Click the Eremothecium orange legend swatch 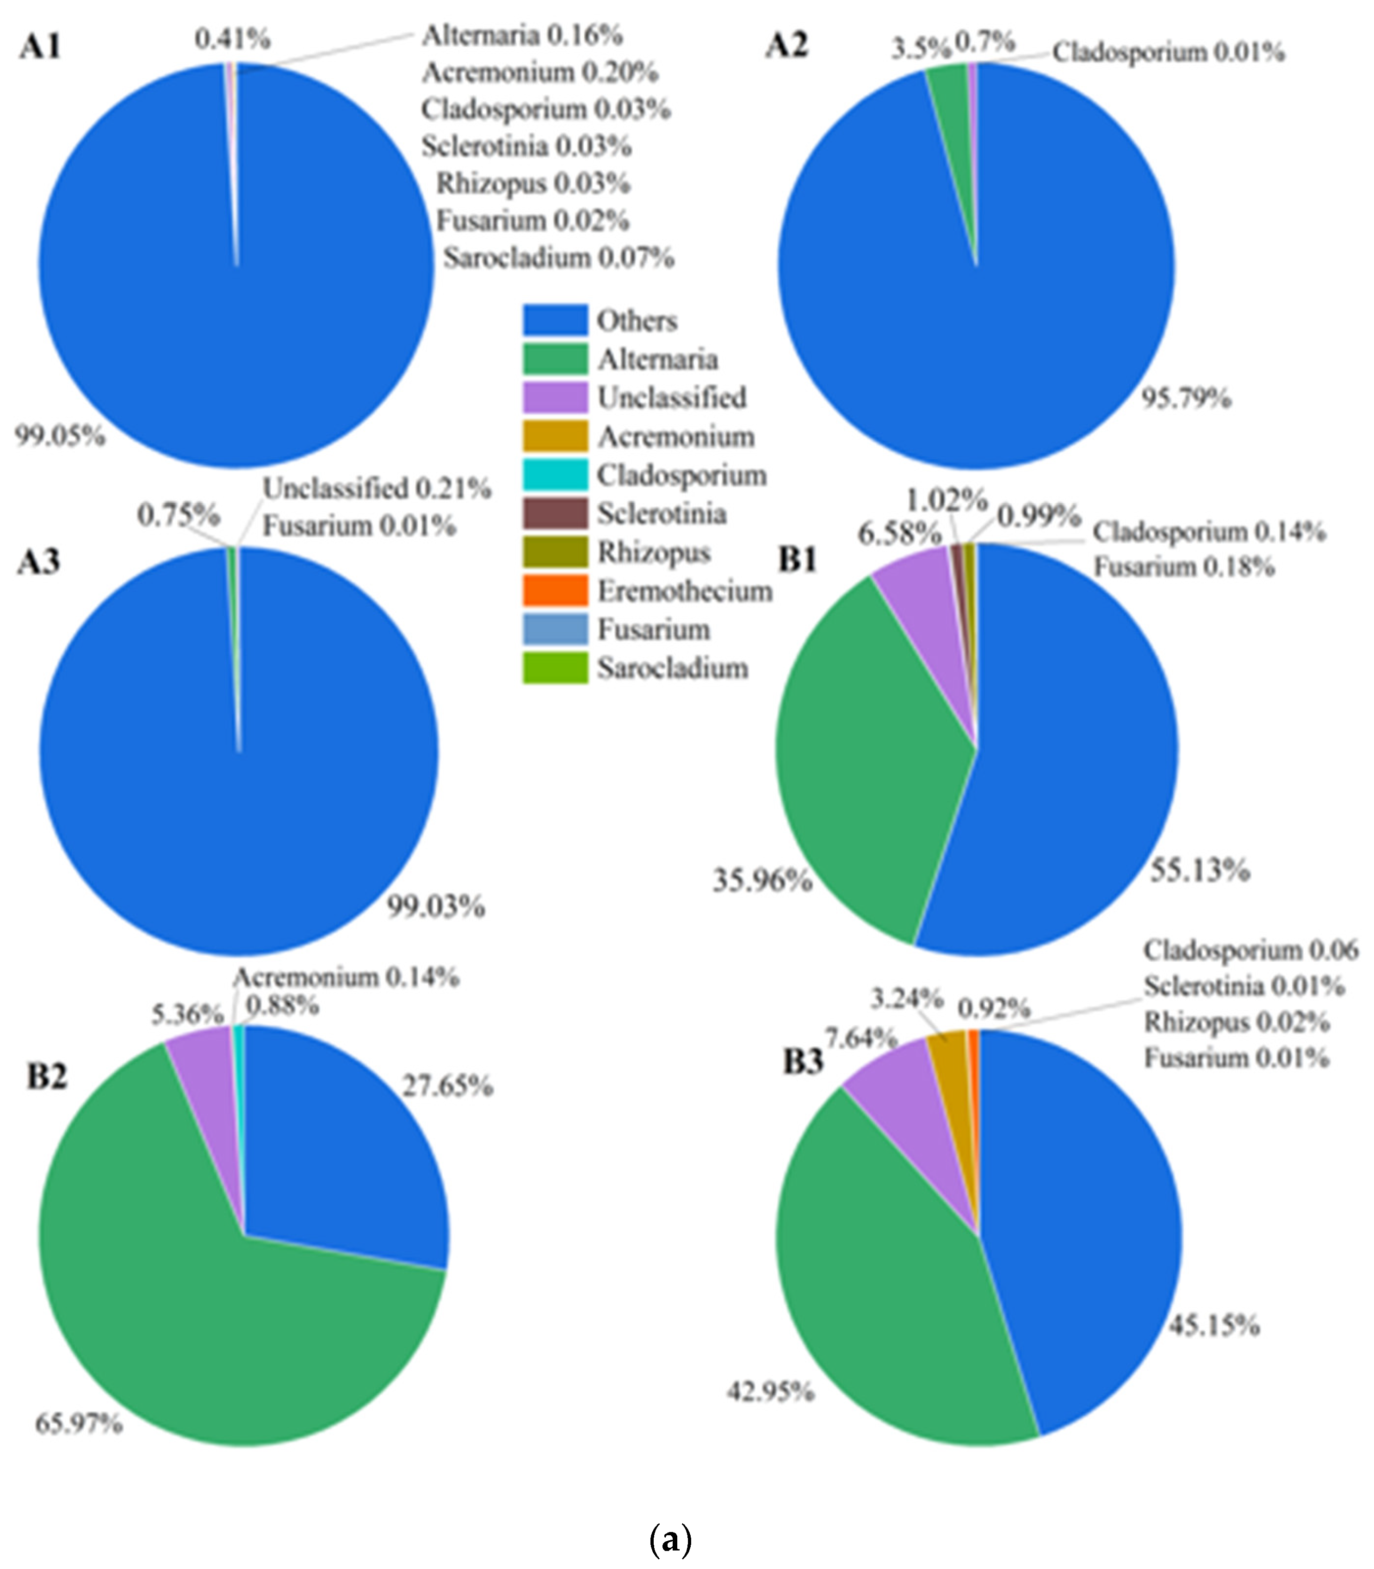coord(555,591)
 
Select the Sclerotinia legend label coord(662,514)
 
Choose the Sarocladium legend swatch coord(555,668)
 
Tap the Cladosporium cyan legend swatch coord(555,475)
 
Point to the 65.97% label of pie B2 coord(79,1424)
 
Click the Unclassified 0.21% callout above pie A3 coord(377,488)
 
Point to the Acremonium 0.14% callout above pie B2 coord(346,977)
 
